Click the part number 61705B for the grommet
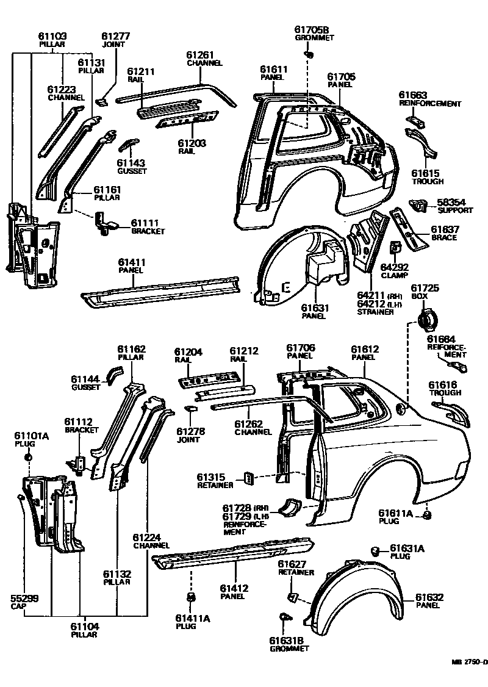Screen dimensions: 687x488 pos(311,29)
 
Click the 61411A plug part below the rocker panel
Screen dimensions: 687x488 pos(191,595)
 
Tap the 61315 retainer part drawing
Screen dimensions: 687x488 pos(249,477)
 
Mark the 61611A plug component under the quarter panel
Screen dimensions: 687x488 pos(428,516)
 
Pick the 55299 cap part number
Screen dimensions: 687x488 pos(25,599)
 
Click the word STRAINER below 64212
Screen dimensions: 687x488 pos(375,312)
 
